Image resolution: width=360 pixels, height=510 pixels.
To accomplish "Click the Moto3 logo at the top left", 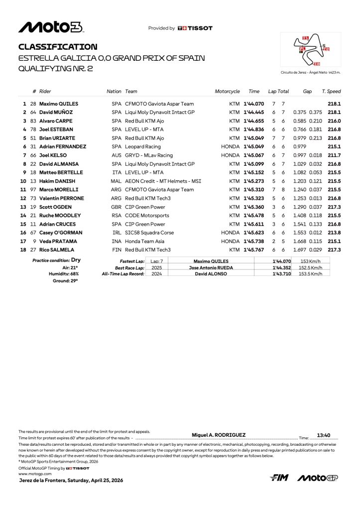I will pos(51,27).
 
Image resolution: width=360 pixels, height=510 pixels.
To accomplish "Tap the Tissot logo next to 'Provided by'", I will pos(195,28).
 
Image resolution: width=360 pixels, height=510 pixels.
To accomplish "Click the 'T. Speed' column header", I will pos(331,91).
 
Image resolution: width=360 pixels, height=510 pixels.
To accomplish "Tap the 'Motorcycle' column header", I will pos(227,91).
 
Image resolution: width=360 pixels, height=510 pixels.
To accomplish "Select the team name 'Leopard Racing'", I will pos(143,146).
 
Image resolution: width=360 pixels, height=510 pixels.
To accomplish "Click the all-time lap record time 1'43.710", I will pos(282,274).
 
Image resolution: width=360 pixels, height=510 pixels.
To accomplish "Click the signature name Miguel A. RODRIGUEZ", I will pos(219,435).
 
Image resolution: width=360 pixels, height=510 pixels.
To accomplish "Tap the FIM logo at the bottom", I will pos(279,478).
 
